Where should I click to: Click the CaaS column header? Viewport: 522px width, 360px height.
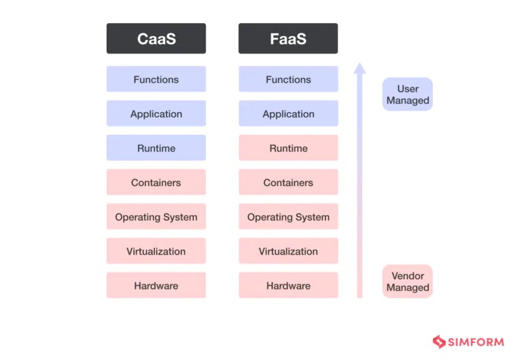pos(156,39)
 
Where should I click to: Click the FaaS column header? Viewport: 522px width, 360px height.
pos(288,39)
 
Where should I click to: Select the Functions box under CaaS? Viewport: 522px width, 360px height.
pos(156,79)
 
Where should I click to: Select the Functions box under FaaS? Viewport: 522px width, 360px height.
pos(288,79)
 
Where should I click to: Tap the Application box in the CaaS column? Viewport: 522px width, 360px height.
pos(156,114)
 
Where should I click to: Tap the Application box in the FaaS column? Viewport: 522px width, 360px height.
pos(288,114)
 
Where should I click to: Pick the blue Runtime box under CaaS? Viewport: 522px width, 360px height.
pos(156,148)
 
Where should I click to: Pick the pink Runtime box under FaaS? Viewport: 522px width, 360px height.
pos(288,148)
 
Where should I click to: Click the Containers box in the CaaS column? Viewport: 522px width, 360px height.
pos(156,183)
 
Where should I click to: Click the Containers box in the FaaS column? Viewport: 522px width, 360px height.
pos(288,183)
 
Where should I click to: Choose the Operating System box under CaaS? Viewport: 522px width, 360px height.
pos(156,217)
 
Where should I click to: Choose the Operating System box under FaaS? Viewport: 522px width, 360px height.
pos(288,217)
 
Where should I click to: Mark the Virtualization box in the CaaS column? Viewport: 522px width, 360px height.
pos(156,251)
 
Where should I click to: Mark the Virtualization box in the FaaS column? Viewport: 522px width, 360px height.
pos(288,251)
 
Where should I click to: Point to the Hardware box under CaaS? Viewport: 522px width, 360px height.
pos(156,286)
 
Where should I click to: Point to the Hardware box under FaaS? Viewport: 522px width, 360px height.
pos(288,286)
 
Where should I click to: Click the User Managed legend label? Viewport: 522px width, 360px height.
pos(408,94)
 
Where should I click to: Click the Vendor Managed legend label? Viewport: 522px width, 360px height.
pos(408,281)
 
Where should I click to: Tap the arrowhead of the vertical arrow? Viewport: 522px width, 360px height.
pos(360,69)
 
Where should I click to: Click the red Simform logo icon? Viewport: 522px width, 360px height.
pos(438,342)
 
